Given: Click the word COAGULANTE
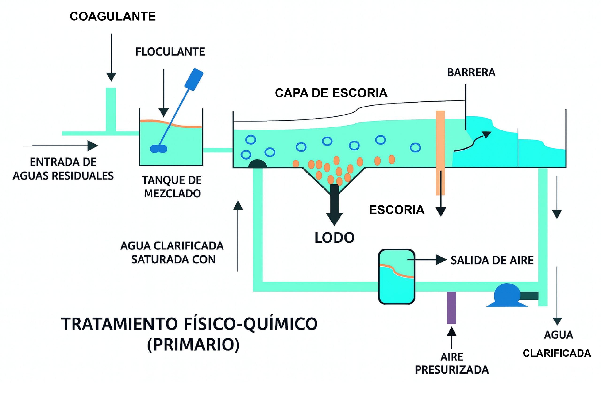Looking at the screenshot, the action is tap(113, 17).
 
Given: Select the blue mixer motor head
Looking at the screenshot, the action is tap(194, 79).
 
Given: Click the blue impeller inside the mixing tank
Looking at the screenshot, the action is tap(158, 148).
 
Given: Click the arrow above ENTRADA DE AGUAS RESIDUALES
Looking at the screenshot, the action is tap(63, 146).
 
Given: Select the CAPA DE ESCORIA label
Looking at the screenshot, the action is tap(331, 93).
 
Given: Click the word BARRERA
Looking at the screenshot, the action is tap(471, 73).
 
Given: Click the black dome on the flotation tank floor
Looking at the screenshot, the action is tap(258, 164).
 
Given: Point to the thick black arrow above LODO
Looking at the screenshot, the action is tap(334, 204).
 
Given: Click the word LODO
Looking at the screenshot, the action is tap(334, 238).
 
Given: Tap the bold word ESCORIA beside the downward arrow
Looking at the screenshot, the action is tap(397, 210).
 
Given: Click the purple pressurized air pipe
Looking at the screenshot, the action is tap(451, 308).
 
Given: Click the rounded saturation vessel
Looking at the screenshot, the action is tap(397, 277).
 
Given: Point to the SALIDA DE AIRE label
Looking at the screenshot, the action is tap(492, 260).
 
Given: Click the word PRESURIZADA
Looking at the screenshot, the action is tap(452, 370).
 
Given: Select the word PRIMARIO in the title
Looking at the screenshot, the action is tap(193, 345).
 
